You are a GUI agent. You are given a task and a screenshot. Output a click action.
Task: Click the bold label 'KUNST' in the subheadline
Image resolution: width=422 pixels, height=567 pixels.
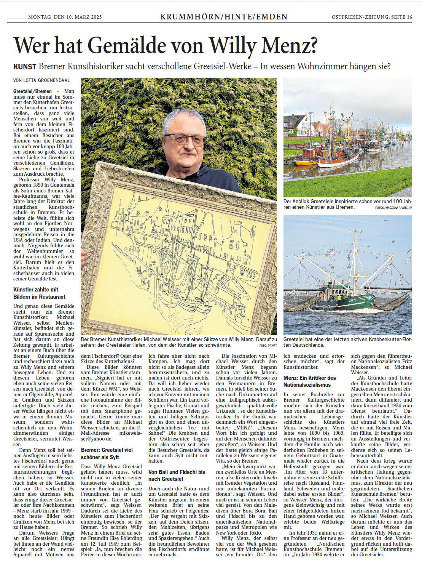(x=25, y=67)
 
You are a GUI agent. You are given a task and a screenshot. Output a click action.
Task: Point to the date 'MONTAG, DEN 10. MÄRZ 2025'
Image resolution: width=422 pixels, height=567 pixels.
(x=65, y=17)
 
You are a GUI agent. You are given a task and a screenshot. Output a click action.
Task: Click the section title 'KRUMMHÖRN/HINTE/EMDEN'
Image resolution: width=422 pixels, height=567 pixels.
(x=224, y=17)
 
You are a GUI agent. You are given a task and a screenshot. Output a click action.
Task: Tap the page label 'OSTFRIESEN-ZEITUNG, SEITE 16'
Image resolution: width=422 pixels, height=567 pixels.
(x=372, y=17)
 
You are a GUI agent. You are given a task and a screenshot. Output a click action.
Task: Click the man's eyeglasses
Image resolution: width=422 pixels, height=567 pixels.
(x=185, y=139)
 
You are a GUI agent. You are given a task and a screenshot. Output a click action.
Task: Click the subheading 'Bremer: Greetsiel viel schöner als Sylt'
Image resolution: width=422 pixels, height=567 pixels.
(x=107, y=453)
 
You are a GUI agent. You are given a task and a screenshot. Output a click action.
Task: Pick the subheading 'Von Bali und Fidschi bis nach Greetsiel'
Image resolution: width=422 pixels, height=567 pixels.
(x=177, y=475)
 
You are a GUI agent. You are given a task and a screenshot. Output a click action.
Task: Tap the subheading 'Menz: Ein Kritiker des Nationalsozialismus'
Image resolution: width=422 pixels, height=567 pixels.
(x=310, y=381)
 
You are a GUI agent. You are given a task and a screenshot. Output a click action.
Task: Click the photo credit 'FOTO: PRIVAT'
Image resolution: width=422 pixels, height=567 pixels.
(x=268, y=346)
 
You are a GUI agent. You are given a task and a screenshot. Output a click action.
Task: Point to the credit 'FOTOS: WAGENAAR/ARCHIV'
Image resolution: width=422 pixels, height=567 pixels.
(x=393, y=208)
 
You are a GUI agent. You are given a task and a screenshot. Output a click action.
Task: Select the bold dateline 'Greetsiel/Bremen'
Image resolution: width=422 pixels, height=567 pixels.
(x=32, y=91)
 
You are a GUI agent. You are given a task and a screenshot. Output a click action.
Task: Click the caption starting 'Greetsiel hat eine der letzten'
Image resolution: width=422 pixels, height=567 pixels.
(x=347, y=342)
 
